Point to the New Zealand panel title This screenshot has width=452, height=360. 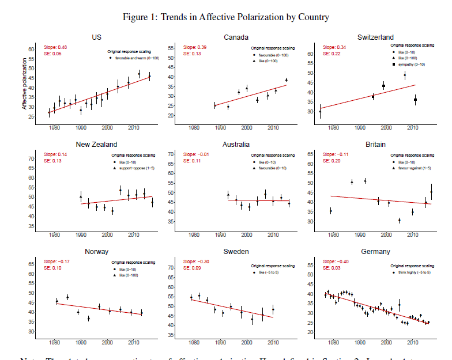click(x=97, y=145)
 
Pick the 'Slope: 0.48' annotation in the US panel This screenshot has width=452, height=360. click(x=55, y=47)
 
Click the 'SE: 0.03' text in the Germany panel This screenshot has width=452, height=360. click(x=332, y=267)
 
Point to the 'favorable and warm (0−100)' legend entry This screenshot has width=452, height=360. click(x=134, y=58)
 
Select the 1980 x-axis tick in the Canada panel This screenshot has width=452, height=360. click(x=194, y=127)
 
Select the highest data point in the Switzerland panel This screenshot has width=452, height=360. click(x=405, y=75)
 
